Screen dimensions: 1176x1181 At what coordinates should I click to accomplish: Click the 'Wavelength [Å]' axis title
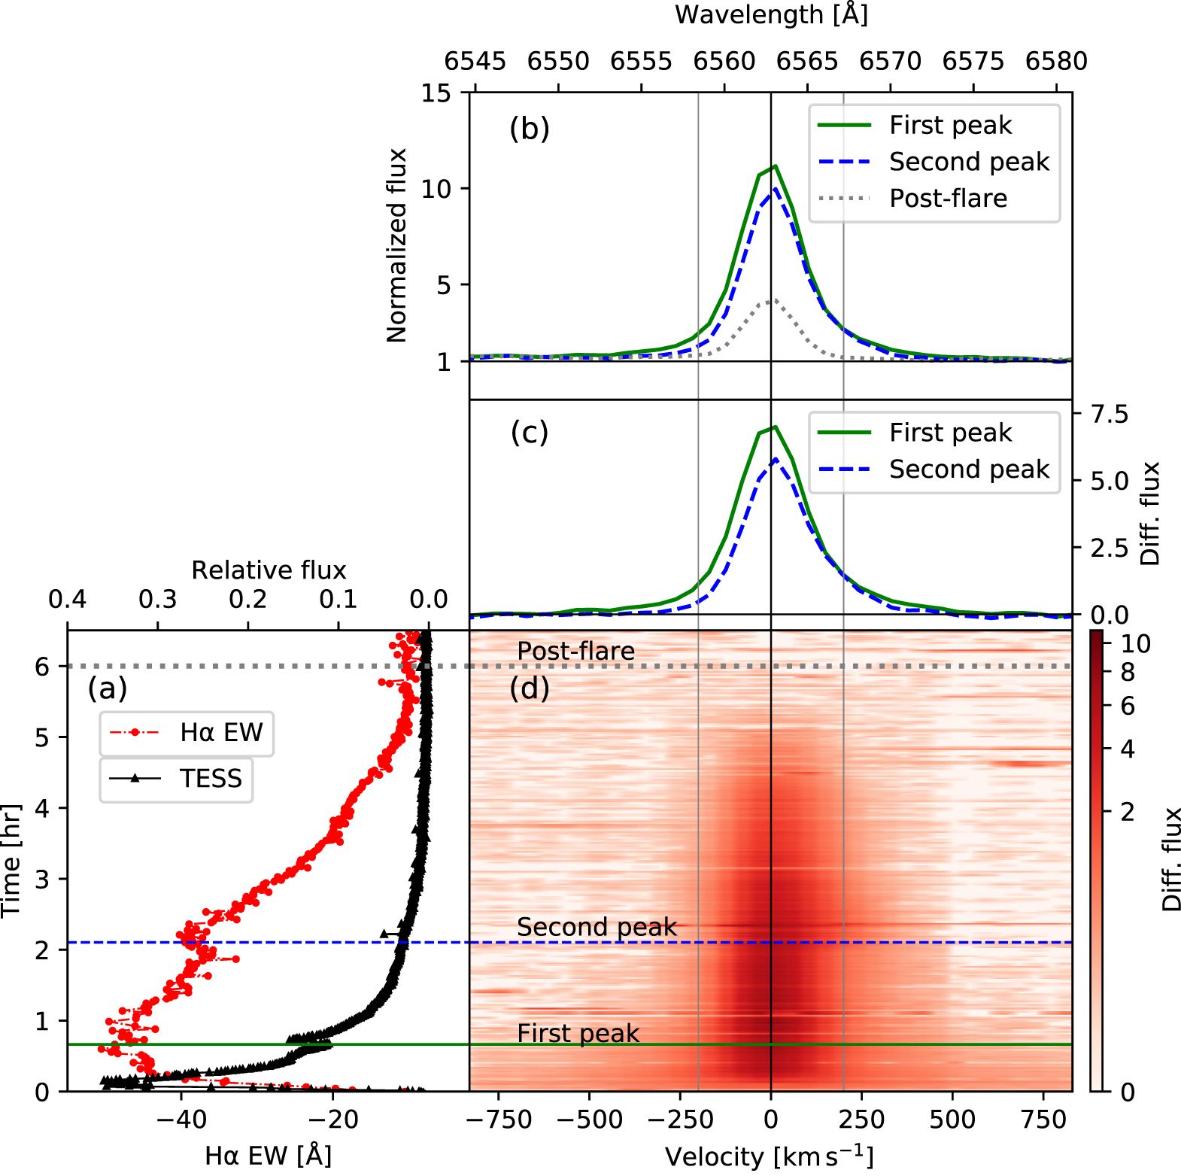coord(771,15)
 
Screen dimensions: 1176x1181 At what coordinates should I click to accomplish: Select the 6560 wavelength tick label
coord(724,61)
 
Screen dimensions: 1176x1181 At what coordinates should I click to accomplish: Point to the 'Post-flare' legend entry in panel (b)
coord(948,199)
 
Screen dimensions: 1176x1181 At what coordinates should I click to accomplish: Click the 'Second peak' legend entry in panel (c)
coord(969,469)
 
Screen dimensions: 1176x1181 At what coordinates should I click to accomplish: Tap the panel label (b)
coord(529,129)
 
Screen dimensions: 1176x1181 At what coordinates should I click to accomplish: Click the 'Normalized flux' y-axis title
coord(396,245)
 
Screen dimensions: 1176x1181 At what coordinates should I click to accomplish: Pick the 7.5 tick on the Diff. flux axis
coord(1110,415)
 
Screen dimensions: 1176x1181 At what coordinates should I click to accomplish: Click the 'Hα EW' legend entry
coord(221,732)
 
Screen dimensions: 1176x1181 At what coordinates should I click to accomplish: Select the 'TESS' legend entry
coord(211,779)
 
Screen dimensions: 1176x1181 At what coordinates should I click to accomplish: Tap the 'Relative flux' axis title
coord(269,570)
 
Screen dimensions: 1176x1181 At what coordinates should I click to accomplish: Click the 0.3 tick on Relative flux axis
coord(157,600)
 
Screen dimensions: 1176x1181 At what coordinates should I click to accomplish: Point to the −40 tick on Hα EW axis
coord(181,1120)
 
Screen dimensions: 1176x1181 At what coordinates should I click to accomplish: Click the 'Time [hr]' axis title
coord(11,860)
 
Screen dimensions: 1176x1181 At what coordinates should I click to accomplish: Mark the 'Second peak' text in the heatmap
coord(597,927)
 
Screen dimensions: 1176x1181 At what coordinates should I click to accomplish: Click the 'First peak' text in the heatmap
coord(578,1034)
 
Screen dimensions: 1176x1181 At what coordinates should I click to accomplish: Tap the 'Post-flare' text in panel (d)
coord(575,652)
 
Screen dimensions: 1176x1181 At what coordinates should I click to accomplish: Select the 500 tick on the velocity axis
coord(952,1120)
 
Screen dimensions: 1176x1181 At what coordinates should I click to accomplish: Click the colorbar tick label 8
coord(1128,673)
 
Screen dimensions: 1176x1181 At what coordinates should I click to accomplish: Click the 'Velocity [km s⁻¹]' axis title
coord(769,1156)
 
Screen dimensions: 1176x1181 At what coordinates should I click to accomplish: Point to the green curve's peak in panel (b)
coord(775,166)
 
